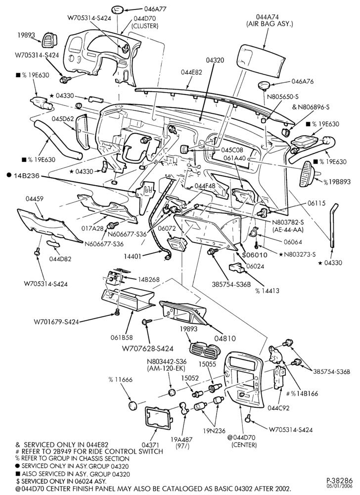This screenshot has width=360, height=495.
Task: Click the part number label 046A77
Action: [155, 9]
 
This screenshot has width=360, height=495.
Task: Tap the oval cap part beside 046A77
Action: [119, 9]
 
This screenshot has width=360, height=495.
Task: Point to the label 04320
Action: [215, 60]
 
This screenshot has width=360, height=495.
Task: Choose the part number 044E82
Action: [192, 72]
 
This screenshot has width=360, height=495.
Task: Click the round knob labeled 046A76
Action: [263, 85]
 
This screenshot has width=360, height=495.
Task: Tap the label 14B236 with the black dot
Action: [24, 176]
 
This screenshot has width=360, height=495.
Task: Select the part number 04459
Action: [35, 198]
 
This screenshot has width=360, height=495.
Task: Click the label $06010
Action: [255, 255]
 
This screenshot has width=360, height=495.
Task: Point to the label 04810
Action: [225, 339]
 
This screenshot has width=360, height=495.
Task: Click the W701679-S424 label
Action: [56, 322]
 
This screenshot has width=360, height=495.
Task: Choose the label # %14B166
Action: [302, 394]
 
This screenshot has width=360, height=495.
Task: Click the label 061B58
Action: [121, 338]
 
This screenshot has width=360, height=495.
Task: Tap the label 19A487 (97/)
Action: [181, 442]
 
